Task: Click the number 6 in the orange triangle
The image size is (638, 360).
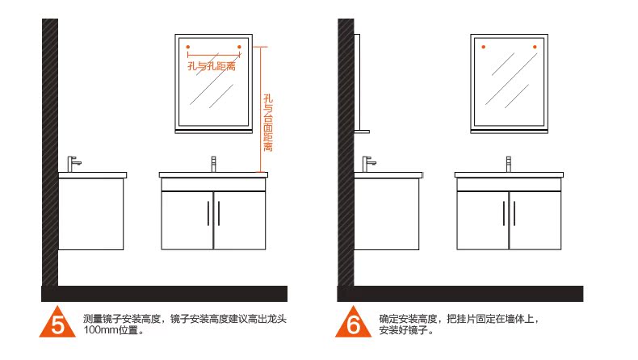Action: tap(354, 324)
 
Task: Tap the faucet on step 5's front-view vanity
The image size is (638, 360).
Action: tap(213, 164)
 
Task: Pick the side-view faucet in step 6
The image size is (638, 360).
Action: tap(369, 162)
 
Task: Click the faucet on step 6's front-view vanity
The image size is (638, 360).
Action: tap(509, 164)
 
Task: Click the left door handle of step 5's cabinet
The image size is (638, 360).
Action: tap(208, 213)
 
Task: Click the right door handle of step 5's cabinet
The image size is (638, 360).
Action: tap(219, 213)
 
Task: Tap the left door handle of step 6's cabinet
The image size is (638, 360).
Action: tap(504, 213)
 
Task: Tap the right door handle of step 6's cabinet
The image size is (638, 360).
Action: tap(514, 213)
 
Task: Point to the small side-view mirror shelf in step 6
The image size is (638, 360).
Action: tap(361, 132)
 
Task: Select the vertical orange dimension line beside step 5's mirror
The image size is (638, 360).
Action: tap(262, 109)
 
